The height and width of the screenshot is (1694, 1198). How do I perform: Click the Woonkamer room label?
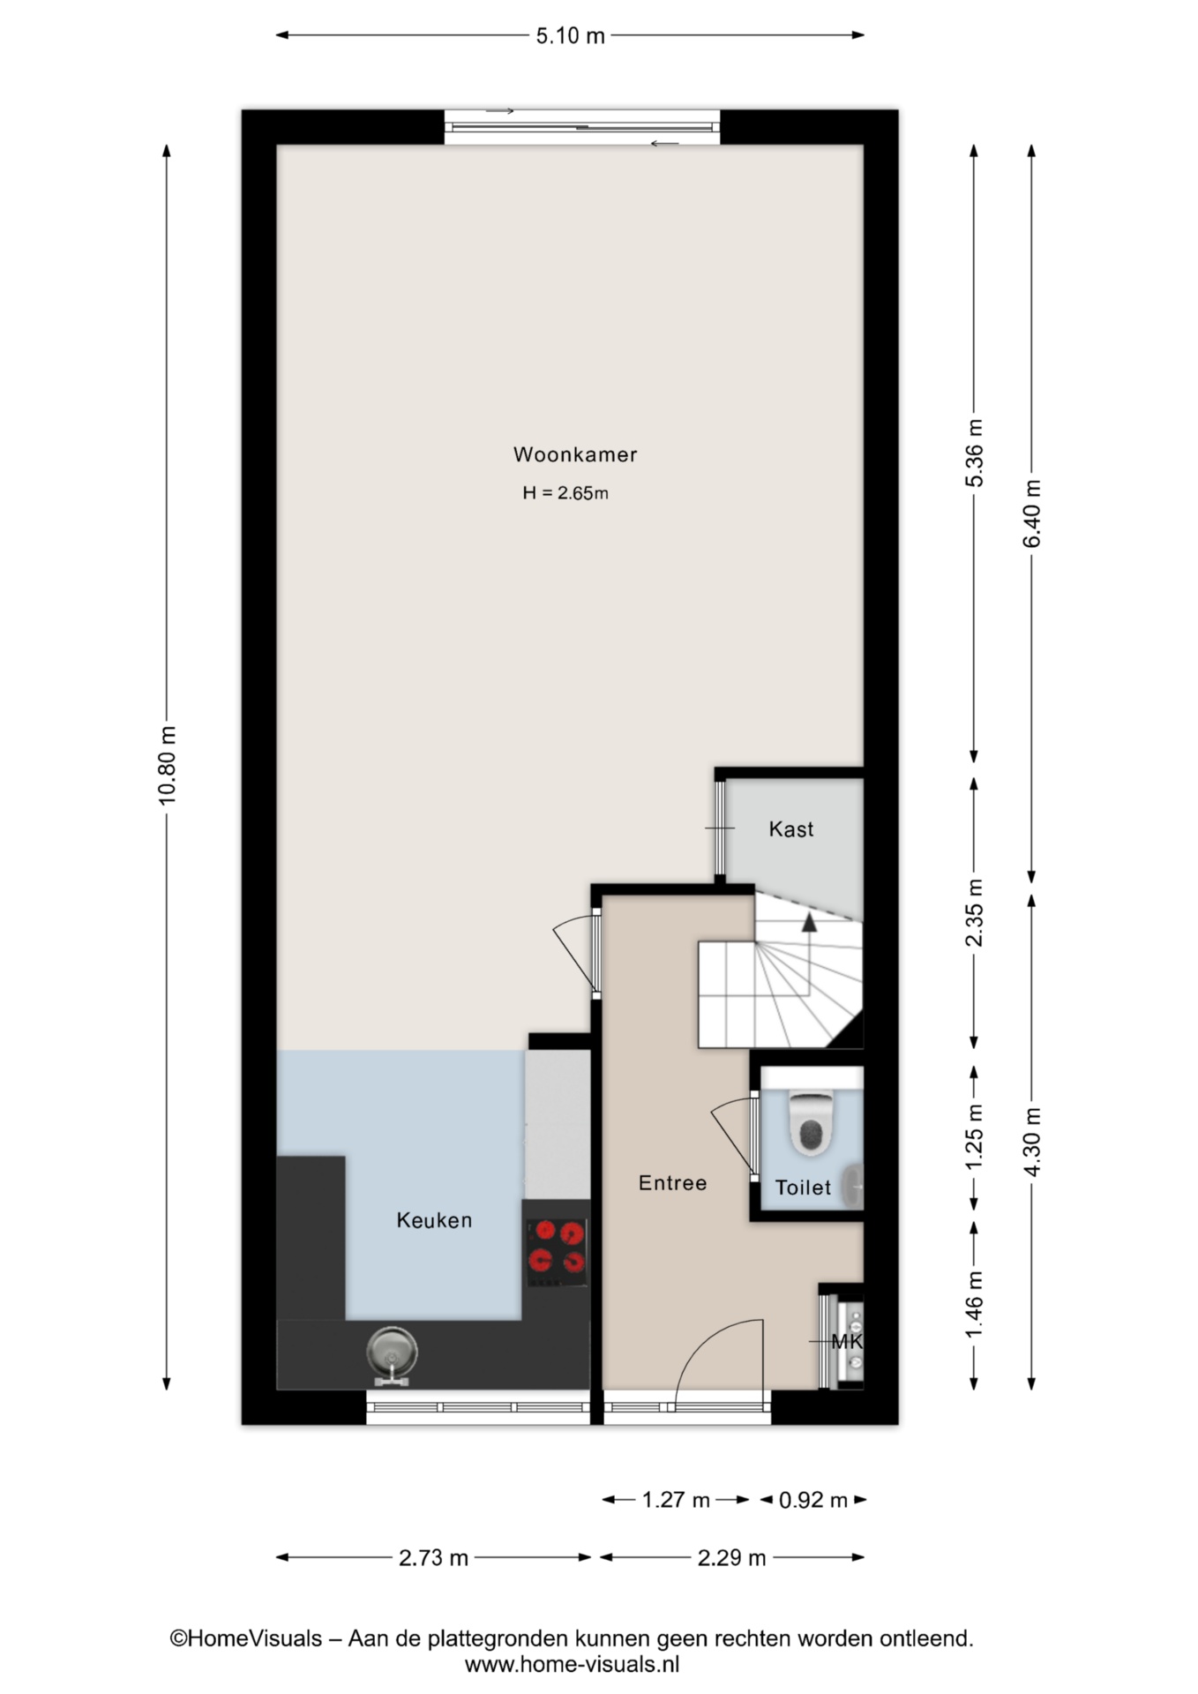(575, 454)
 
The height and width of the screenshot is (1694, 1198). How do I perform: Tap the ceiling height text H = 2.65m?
(565, 493)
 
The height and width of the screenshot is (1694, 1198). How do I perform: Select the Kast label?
(791, 829)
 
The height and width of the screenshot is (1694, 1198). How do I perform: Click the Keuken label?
(434, 1220)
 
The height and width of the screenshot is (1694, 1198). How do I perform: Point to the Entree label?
(673, 1183)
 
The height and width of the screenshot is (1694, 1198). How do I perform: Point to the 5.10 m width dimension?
(571, 35)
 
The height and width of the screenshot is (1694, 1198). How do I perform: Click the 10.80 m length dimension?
(168, 765)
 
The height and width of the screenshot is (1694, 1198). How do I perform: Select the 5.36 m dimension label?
(974, 453)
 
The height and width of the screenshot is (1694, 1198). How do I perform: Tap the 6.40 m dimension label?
(1032, 513)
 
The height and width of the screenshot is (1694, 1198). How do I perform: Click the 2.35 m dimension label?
(974, 912)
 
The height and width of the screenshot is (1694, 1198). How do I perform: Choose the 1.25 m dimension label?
(974, 1138)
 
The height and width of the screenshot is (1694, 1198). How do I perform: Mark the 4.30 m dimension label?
(1032, 1141)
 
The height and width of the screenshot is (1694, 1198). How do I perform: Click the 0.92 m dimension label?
(813, 1500)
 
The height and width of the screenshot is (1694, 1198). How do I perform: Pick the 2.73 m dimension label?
(433, 1558)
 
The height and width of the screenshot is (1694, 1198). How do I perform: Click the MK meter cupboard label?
(847, 1342)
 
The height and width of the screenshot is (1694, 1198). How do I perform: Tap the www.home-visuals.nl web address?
(572, 1665)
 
